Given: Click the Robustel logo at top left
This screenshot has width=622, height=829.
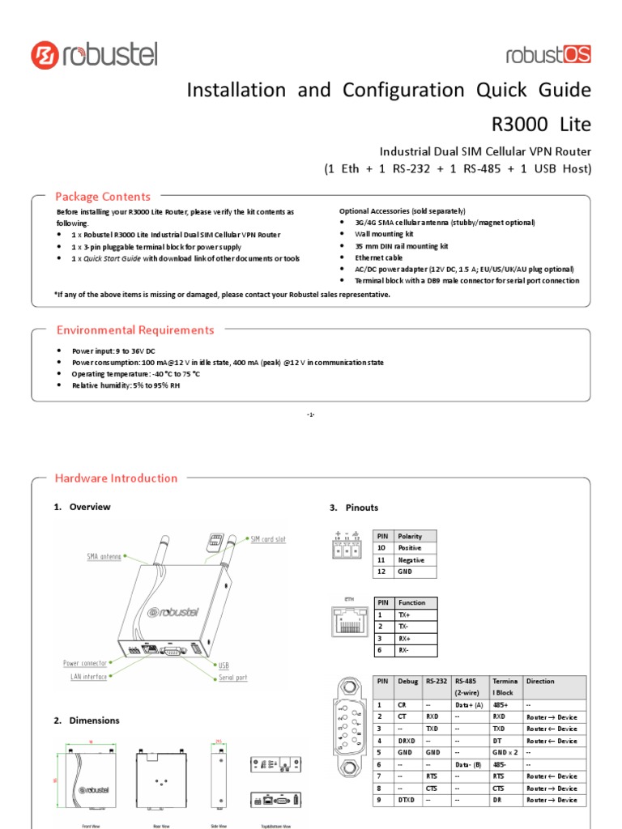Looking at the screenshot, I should click(94, 55).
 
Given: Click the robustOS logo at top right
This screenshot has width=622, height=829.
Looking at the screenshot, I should click(548, 55).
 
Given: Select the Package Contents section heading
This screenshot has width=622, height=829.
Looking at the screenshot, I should click(102, 197).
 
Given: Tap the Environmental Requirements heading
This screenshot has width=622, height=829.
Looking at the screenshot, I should click(134, 330).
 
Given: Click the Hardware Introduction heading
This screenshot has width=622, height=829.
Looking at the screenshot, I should click(116, 478).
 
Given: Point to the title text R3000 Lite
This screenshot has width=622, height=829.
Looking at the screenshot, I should click(542, 125).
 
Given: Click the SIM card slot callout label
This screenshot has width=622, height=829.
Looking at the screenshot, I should click(267, 539).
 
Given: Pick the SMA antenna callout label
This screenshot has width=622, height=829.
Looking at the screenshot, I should click(104, 556).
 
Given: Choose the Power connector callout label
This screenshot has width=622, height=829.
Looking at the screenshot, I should click(84, 663).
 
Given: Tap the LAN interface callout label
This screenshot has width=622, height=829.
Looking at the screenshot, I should click(85, 676).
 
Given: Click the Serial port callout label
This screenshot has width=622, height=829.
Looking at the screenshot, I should click(232, 677).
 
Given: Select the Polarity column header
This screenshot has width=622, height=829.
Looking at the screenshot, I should click(410, 536).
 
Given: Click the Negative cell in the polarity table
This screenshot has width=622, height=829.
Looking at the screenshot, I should click(411, 559).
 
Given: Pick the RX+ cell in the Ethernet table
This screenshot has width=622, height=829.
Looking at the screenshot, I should click(407, 639).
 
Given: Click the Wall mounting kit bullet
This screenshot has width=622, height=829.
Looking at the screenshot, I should click(378, 234).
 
